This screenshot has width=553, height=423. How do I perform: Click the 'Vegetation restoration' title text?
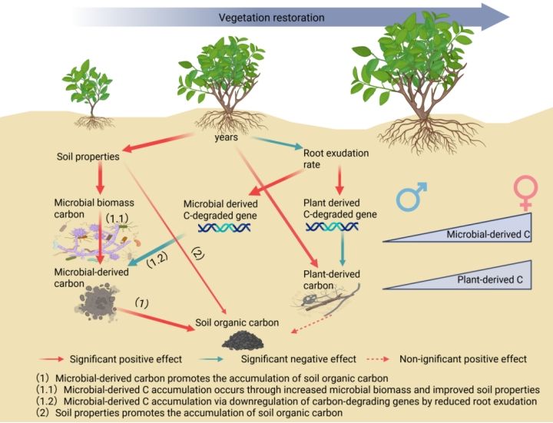pyautogui.click(x=271, y=17)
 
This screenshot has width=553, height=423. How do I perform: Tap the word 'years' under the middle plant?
pyautogui.click(x=226, y=137)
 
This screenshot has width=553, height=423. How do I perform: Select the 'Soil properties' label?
pyautogui.click(x=88, y=157)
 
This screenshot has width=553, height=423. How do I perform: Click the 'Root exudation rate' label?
pyautogui.click(x=336, y=159)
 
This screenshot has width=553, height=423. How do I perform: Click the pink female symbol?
pyautogui.click(x=525, y=193)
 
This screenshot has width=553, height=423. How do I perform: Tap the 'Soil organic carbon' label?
pyautogui.click(x=237, y=322)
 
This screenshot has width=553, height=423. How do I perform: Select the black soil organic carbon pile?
pyautogui.click(x=243, y=341)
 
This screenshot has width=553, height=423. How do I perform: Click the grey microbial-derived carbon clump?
pyautogui.click(x=96, y=302)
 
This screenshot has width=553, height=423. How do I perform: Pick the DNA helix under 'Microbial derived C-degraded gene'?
pyautogui.click(x=224, y=228)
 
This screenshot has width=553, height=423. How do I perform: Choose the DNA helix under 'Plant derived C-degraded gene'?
pyautogui.click(x=332, y=227)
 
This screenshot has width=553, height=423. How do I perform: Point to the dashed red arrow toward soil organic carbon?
pyautogui.click(x=311, y=324)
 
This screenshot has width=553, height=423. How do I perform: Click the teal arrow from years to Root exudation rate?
pyautogui.click(x=276, y=143)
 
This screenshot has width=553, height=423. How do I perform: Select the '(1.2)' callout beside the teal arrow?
pyautogui.click(x=157, y=259)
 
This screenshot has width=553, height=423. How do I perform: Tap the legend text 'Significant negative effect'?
pyautogui.click(x=298, y=359)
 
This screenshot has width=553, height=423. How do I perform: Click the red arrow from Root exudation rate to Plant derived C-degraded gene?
pyautogui.click(x=339, y=180)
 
